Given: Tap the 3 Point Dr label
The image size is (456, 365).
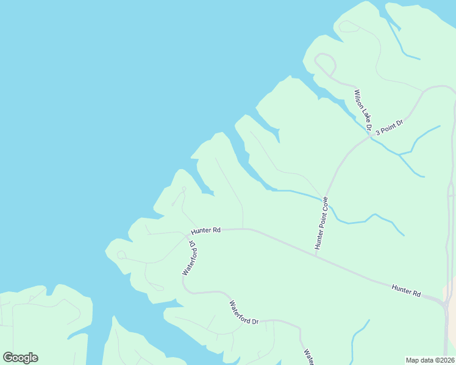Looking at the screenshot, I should (389, 128).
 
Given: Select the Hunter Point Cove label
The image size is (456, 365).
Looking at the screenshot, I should (321, 223).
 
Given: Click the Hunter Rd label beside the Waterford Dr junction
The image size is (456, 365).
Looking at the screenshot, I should (205, 231).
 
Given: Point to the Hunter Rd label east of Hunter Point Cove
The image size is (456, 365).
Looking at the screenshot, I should (406, 290).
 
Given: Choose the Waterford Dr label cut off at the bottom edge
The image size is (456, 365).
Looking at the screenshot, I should (308, 356).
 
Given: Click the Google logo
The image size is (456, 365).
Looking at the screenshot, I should (20, 358).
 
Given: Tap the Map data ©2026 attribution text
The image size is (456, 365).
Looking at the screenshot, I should (430, 360).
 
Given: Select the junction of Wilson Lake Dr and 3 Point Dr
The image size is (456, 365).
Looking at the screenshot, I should (370, 137).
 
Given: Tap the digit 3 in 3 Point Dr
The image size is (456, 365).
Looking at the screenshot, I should (377, 133).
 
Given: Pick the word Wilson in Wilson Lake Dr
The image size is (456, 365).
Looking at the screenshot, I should (358, 99).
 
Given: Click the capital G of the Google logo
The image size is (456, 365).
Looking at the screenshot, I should (8, 358).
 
